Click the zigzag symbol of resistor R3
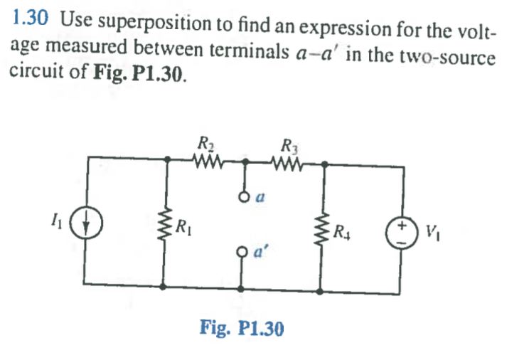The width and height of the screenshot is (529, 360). (x=289, y=164)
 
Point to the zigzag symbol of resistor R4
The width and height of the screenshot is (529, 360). (x=324, y=229)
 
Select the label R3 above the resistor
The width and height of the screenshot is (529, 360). (x=289, y=145)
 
